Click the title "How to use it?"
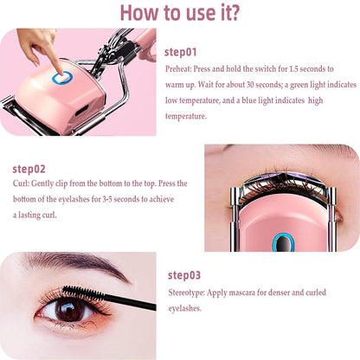(x=179, y=14)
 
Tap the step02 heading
(x=29, y=170)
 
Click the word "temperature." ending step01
(x=186, y=115)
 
